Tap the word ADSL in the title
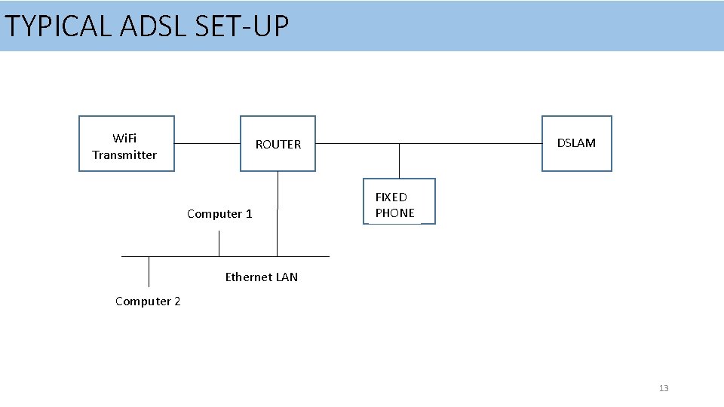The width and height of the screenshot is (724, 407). click(x=154, y=26)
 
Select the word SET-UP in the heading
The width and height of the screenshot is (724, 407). click(x=241, y=26)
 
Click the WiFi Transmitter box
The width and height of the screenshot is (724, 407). click(x=127, y=144)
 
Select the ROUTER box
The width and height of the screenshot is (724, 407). click(x=278, y=144)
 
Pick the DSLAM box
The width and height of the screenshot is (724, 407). click(x=576, y=143)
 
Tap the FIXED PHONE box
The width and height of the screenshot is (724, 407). click(x=399, y=202)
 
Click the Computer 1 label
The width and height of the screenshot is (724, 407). click(x=219, y=214)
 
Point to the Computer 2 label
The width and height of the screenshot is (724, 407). click(x=148, y=301)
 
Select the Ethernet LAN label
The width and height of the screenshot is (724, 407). click(x=261, y=277)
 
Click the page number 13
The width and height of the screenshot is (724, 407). click(x=664, y=388)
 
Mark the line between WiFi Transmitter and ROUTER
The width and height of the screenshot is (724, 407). click(x=207, y=143)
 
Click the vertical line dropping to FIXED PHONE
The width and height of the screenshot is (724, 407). click(x=399, y=161)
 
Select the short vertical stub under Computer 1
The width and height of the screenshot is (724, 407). click(x=219, y=243)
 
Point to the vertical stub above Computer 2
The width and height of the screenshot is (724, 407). click(x=149, y=271)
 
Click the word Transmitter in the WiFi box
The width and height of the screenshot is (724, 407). click(x=124, y=155)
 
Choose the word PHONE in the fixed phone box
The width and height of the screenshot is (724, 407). click(x=394, y=213)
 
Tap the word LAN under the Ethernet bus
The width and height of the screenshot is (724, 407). click(x=287, y=277)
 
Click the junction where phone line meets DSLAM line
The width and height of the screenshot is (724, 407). click(x=399, y=143)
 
